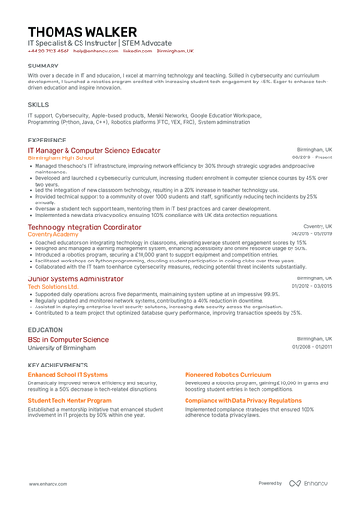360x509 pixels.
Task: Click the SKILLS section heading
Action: click(38, 105)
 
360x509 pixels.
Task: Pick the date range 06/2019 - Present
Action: click(312, 157)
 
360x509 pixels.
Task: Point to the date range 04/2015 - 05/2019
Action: click(310, 234)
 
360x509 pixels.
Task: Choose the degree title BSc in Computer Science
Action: click(67, 339)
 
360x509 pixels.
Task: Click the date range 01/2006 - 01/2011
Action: click(311, 347)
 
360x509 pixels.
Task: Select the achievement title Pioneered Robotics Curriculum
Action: click(227, 374)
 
